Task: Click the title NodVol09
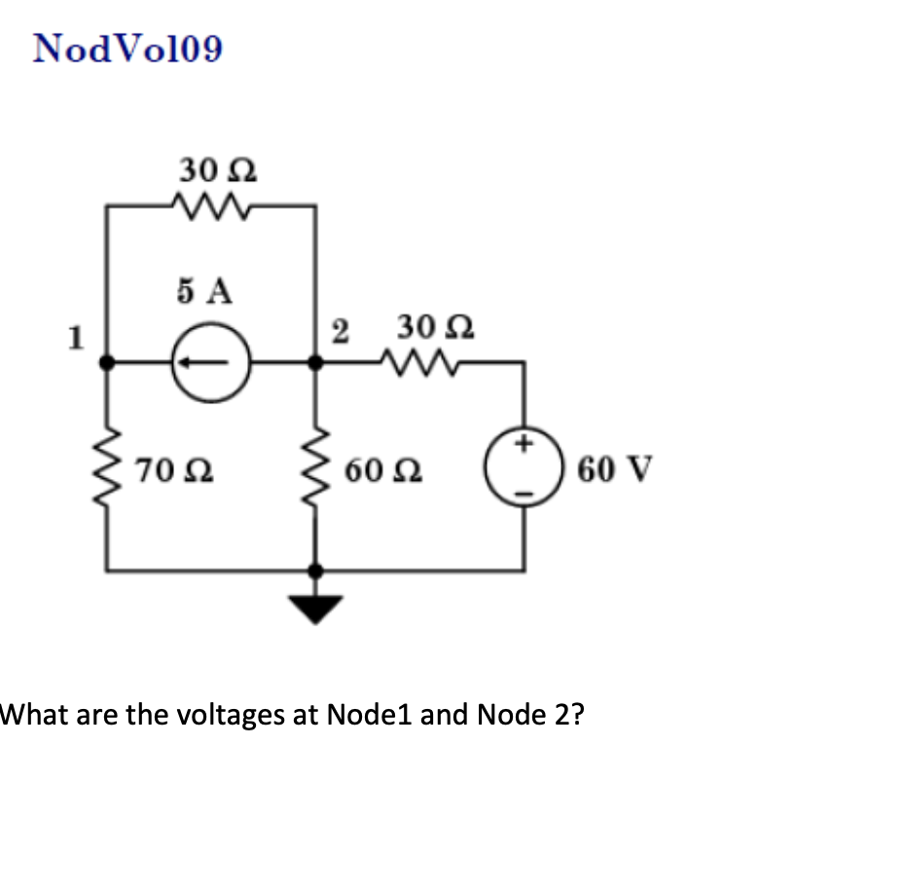pos(127,48)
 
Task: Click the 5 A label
pos(206,289)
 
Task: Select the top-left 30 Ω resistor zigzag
pos(211,205)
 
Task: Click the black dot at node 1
pos(106,362)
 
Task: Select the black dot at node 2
pos(314,362)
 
